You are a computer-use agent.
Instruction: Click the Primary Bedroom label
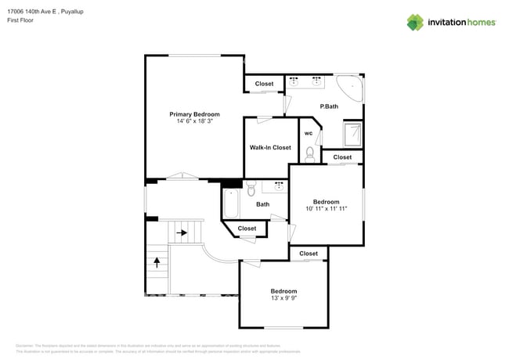tap(194, 114)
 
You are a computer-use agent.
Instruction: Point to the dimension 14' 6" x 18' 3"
tap(194, 121)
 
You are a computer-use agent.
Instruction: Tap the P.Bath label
tap(328, 106)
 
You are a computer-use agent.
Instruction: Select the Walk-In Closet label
tap(270, 147)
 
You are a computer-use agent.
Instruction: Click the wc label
tap(309, 133)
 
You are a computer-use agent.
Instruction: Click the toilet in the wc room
tap(309, 153)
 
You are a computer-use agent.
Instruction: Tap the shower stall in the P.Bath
tap(353, 135)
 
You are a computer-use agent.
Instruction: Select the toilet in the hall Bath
tap(251, 189)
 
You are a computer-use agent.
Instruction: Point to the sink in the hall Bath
tap(278, 186)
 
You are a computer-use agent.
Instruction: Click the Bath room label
tap(262, 204)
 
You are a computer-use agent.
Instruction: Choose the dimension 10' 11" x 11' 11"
tap(326, 208)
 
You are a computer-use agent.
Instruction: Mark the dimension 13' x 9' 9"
tap(283, 297)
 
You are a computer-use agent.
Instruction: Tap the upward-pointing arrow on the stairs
tap(157, 261)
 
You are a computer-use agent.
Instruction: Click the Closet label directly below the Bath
tap(247, 229)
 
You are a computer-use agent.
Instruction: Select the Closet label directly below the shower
tap(342, 157)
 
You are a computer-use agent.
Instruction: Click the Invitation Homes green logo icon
tap(415, 22)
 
